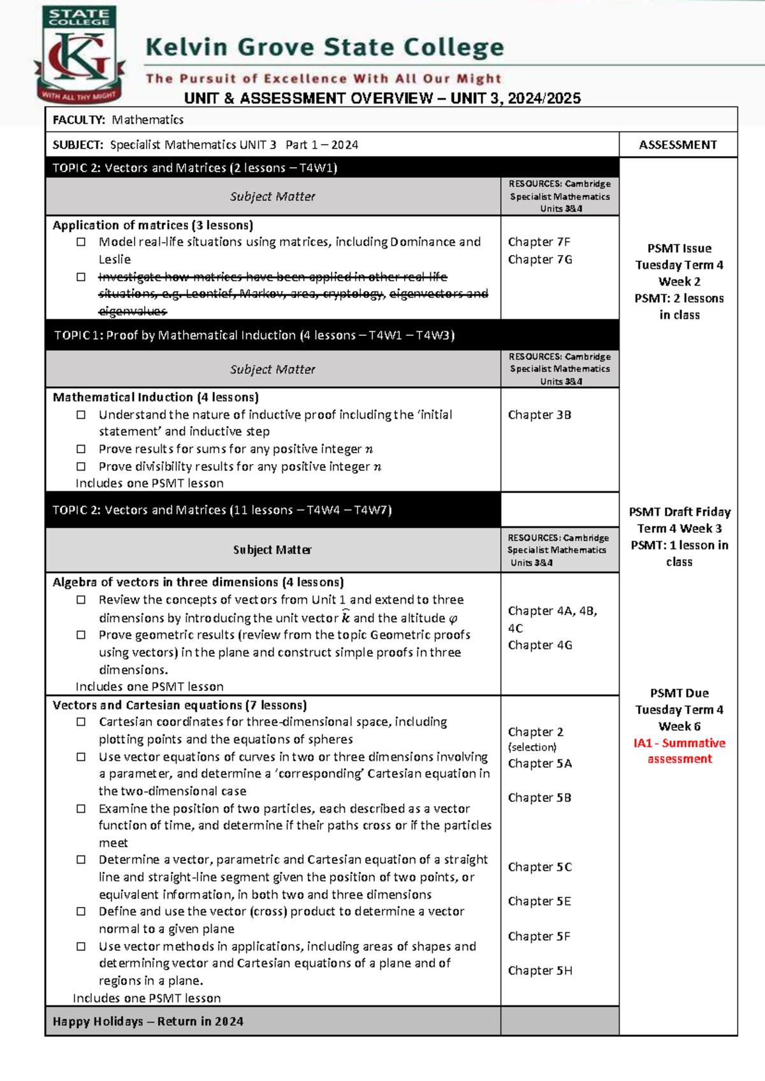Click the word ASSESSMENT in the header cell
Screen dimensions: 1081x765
pyautogui.click(x=678, y=145)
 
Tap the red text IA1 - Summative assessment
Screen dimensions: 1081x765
pyautogui.click(x=679, y=751)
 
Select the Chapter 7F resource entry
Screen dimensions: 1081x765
pyautogui.click(x=539, y=242)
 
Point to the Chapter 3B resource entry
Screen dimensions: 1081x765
pyautogui.click(x=539, y=414)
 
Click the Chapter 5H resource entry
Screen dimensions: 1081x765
pyautogui.click(x=540, y=970)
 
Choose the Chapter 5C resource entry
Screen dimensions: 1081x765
pyautogui.click(x=540, y=867)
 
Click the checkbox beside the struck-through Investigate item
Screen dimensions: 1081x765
pyautogui.click(x=81, y=277)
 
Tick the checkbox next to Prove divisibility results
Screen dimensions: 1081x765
pyautogui.click(x=81, y=467)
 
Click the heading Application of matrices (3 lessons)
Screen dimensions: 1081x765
pyautogui.click(x=153, y=225)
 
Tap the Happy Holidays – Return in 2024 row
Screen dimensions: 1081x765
pyautogui.click(x=148, y=1021)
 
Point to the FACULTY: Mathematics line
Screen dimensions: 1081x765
pyautogui.click(x=118, y=119)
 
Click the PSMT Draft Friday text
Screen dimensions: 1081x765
pyautogui.click(x=679, y=512)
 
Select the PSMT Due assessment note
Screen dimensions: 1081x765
pyautogui.click(x=679, y=693)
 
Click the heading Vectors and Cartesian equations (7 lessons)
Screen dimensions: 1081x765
pyautogui.click(x=180, y=705)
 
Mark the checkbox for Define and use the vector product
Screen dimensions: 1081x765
pyautogui.click(x=81, y=911)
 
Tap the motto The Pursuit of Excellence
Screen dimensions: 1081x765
pyautogui.click(x=323, y=78)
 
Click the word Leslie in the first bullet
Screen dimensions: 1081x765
pyautogui.click(x=115, y=259)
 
